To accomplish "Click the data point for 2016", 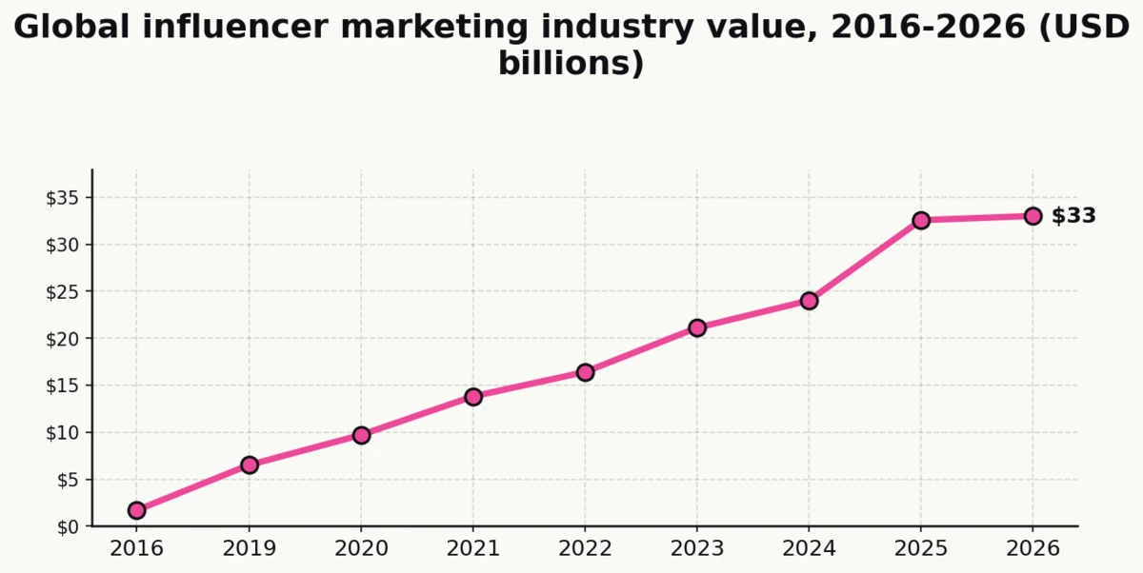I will [x=137, y=510].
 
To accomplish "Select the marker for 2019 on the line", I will [x=250, y=464].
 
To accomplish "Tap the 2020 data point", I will [x=361, y=435].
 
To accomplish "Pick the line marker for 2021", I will [x=473, y=396].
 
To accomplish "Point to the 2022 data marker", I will [x=585, y=372].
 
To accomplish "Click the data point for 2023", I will [x=697, y=327].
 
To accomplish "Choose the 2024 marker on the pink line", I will [x=809, y=301].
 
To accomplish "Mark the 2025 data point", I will [x=921, y=220].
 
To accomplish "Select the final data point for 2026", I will [x=1033, y=216].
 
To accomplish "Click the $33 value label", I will [x=1073, y=216].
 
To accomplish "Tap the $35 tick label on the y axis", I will [x=64, y=198].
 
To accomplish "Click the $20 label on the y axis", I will [x=64, y=339].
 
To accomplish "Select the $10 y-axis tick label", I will [x=64, y=432].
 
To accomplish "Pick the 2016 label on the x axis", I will [x=137, y=549].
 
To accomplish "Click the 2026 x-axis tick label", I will [x=1033, y=549].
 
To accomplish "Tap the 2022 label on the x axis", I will [x=585, y=549].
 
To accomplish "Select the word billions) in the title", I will [x=571, y=64].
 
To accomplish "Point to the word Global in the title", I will [x=72, y=27].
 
